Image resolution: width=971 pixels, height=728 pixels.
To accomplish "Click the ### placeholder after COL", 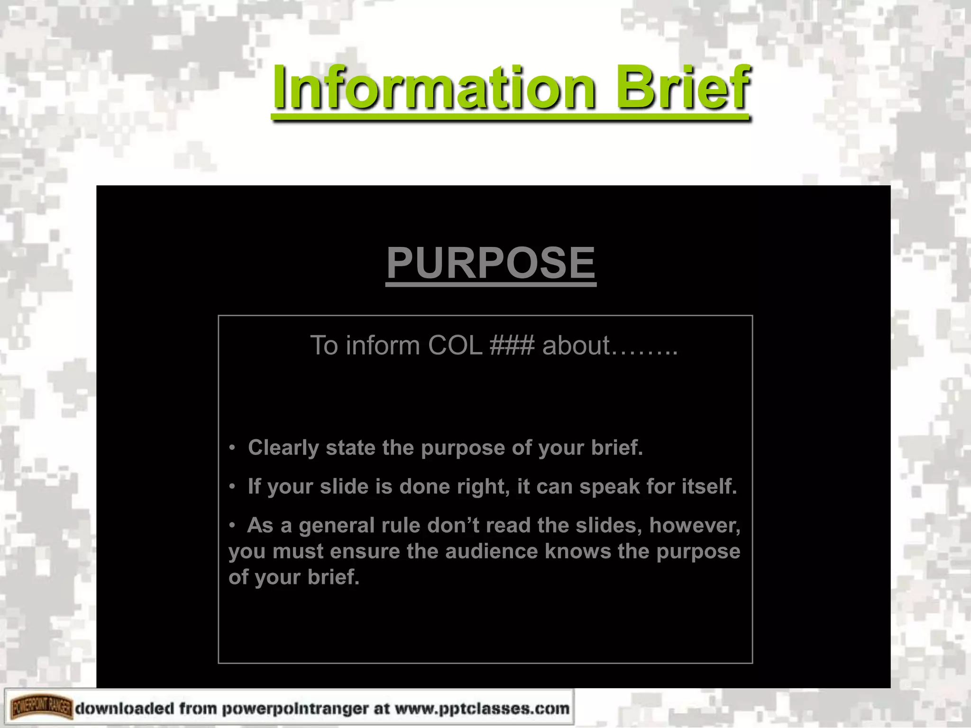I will tap(512, 346).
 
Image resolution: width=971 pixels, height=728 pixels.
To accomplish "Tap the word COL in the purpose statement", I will tap(455, 346).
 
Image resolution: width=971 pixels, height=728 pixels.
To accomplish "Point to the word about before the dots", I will tap(576, 346).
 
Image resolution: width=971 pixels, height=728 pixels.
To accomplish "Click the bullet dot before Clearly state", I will tap(232, 448).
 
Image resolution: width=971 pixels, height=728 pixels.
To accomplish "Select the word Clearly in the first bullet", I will tap(283, 448).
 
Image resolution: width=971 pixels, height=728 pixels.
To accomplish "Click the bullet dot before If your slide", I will tap(232, 487).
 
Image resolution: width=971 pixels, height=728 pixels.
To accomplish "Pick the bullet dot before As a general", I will tap(232, 526).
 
